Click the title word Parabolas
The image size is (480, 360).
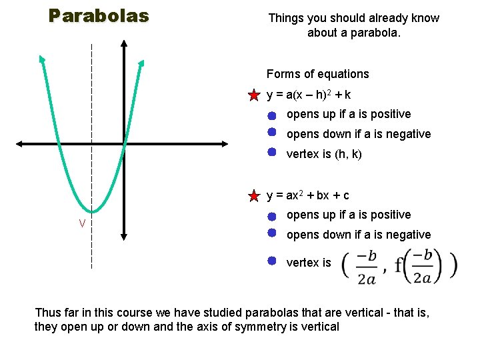[99, 16]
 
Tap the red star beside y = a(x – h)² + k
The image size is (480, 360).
[254, 95]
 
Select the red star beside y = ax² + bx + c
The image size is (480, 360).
[254, 196]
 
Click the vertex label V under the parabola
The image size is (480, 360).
[82, 223]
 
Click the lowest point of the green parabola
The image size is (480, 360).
[92, 212]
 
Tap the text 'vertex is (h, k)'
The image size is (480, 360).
[324, 154]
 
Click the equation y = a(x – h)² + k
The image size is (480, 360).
[309, 95]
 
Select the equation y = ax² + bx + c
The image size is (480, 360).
[308, 195]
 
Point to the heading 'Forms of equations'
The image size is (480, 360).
[317, 74]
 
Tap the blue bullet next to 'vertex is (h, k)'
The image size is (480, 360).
[272, 152]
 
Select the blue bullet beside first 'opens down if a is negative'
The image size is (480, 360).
[272, 132]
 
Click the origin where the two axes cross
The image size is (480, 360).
[125, 143]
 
